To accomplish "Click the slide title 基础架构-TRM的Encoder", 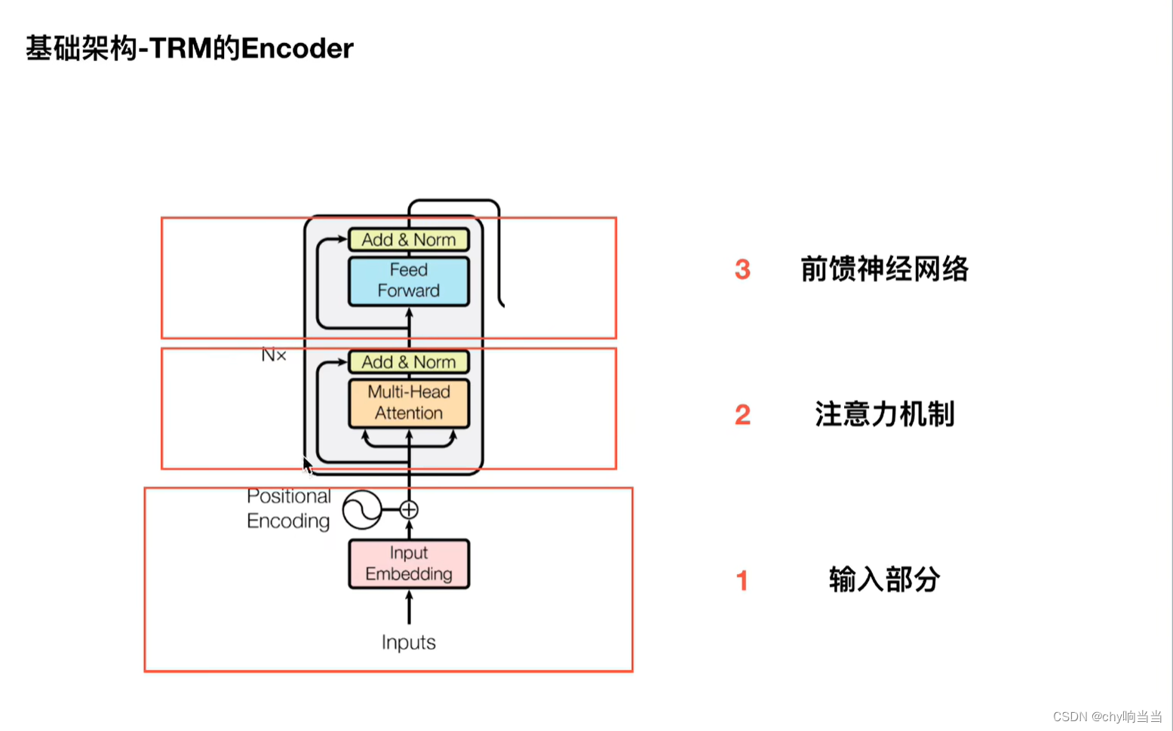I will pos(189,49).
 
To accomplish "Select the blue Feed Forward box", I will pos(408,281).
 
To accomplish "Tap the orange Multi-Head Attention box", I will pos(408,403).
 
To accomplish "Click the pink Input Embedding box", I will pos(408,564).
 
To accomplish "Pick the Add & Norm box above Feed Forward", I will pos(408,240).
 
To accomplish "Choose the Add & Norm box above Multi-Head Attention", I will pos(408,362).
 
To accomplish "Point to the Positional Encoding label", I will pos(288,508).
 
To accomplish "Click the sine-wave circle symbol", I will pos(361,509).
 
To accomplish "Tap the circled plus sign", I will pos(409,510).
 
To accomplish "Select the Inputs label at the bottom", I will pos(408,642).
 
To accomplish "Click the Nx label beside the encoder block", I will pos(273,355).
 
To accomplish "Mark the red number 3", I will pos(742,269).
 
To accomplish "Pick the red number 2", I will pos(742,414).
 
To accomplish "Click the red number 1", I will pos(742,580).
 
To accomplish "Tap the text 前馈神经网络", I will pos(884,269).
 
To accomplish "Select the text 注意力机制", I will pos(884,414).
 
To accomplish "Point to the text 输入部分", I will pos(884,579).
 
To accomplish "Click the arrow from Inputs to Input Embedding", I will pos(409,607).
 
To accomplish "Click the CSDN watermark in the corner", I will pos(1107,717).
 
